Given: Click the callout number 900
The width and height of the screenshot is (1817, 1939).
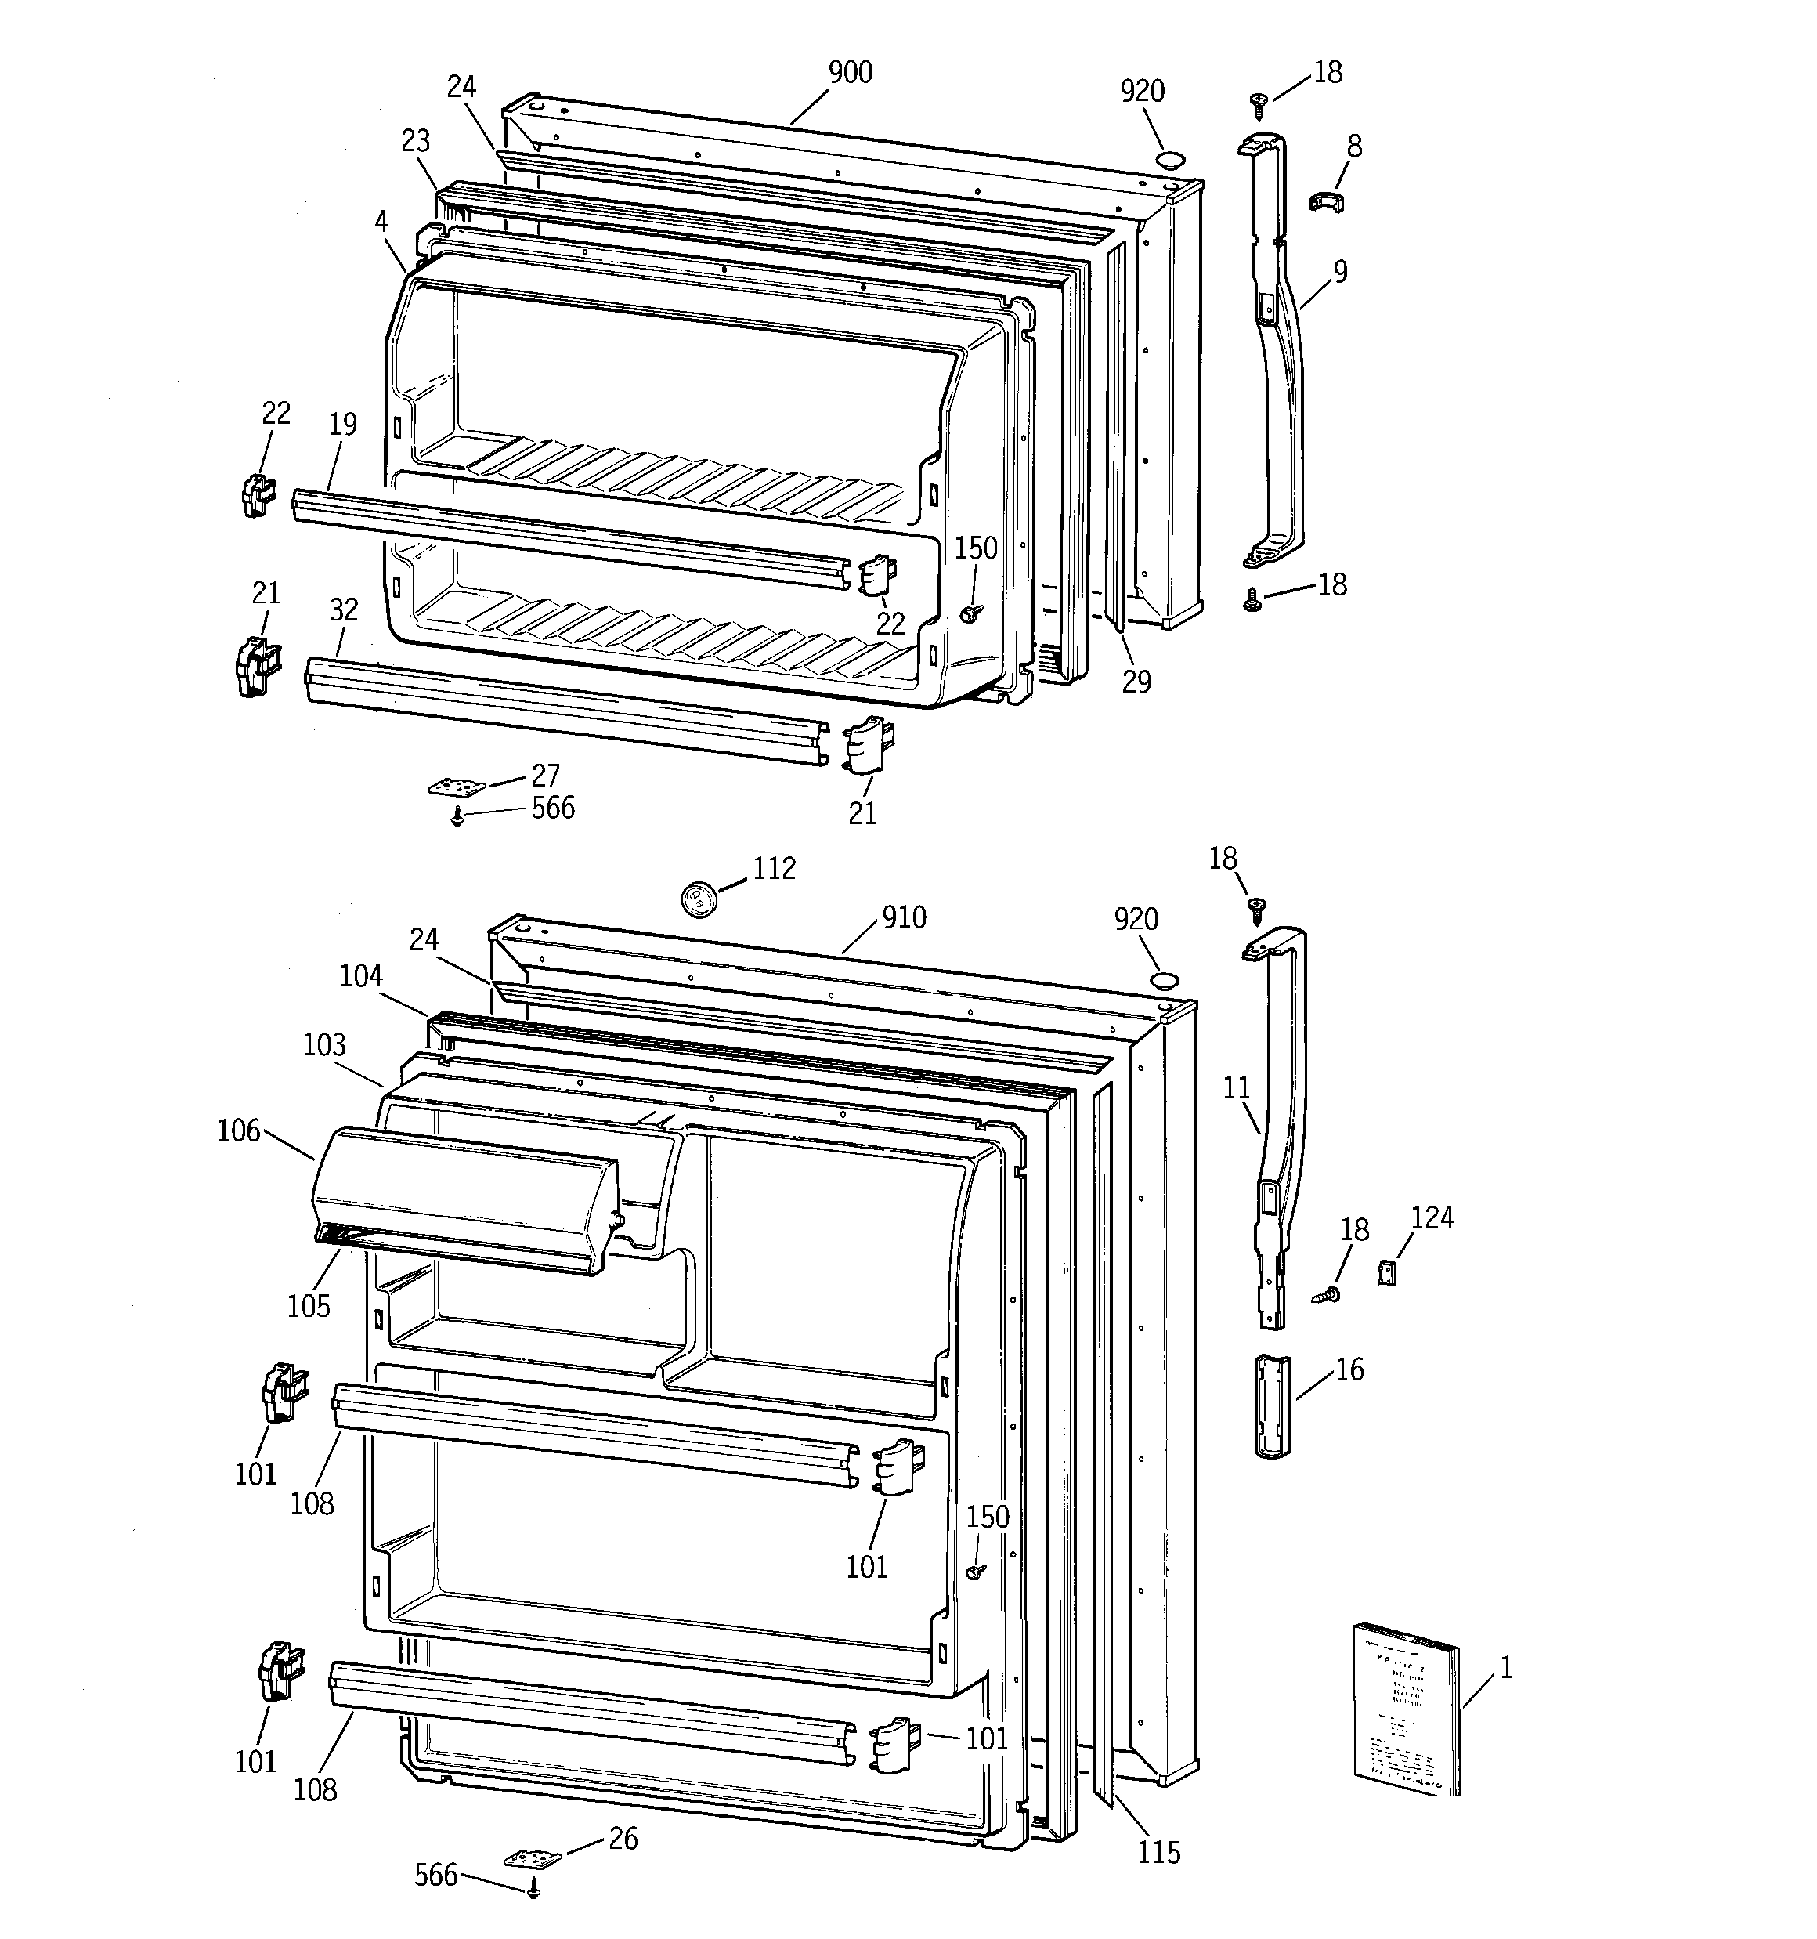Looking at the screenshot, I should tap(850, 73).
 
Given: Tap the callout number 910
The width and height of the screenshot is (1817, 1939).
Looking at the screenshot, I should tap(903, 918).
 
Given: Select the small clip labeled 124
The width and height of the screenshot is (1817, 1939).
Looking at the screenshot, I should tap(1387, 1272).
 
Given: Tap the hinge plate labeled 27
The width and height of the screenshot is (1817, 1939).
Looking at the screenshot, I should tap(457, 786).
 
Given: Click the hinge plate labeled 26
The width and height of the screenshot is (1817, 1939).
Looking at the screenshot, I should tap(533, 1859).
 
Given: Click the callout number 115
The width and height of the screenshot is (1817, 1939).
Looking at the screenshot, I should tap(1158, 1852).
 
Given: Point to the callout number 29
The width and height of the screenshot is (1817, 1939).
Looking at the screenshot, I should tap(1136, 682).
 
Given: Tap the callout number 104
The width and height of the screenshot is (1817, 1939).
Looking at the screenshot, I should tap(361, 976).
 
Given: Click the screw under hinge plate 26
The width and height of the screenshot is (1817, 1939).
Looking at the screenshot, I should tap(533, 1890).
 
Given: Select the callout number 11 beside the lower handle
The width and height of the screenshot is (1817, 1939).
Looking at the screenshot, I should tap(1237, 1087).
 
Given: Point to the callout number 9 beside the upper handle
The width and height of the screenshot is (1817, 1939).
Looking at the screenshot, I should tap(1340, 272).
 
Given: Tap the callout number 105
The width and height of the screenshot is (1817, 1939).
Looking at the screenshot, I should tap(309, 1306).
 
